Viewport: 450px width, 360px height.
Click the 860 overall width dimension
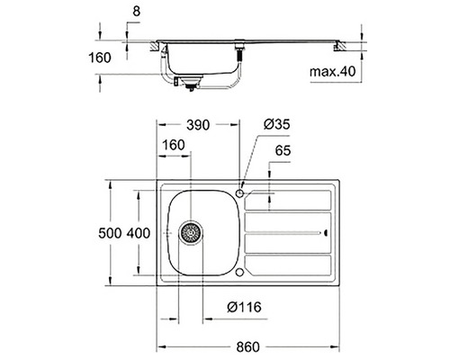pos(247,346)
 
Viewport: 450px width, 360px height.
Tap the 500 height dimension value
pos(110,233)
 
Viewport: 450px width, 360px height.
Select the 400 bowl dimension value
pos(139,233)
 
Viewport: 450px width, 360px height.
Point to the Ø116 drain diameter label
pos(244,307)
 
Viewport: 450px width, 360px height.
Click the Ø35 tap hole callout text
pos(277,124)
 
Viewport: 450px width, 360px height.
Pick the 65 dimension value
pos(283,150)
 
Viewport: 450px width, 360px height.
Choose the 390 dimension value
pos(198,125)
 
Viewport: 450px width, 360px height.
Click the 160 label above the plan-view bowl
pos(174,145)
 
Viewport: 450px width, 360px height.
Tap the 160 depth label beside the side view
pos(100,58)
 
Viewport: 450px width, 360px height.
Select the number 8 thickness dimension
pos(137,12)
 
